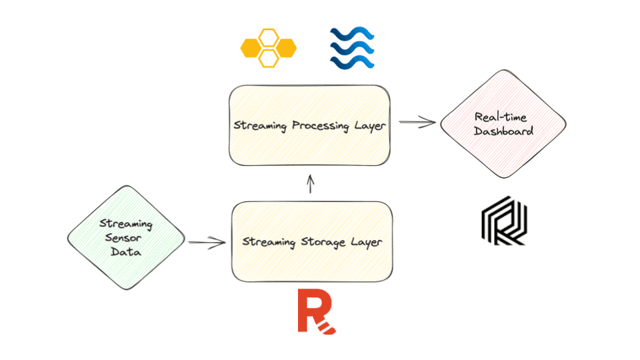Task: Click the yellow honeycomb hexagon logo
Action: coord(268,48)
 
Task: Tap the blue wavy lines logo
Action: coord(352,48)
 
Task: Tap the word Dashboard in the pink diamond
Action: coord(503,131)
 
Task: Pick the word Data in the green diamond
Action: coord(125,252)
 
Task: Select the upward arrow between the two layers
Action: coord(310,183)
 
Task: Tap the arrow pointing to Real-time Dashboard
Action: coord(417,122)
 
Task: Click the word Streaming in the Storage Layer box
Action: coord(269,241)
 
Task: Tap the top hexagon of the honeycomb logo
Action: coord(269,37)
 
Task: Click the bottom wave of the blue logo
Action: coord(352,62)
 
